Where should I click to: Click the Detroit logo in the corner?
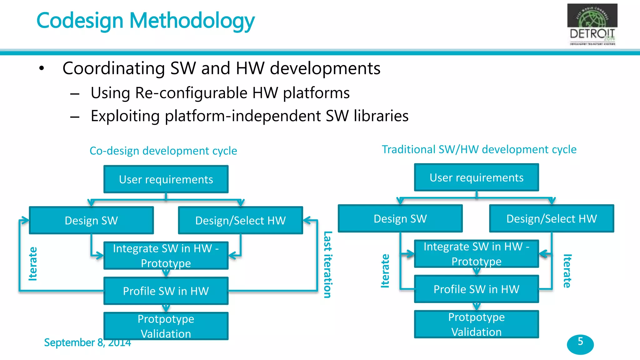coord(592,24)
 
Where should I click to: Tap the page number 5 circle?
coord(580,344)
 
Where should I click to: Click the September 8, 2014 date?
coord(87,342)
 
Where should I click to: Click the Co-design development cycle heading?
coord(163,151)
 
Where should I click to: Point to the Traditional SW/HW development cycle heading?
coord(479,149)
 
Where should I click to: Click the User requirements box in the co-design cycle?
coord(166,179)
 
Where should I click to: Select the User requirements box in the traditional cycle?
coord(476,177)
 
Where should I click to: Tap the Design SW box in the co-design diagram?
coord(91,220)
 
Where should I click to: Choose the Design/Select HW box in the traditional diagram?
coord(552,218)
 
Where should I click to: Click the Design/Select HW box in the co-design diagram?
coord(240,220)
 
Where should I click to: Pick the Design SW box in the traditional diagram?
coord(400,218)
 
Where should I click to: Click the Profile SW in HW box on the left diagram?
coord(166,291)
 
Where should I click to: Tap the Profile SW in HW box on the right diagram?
coord(476,289)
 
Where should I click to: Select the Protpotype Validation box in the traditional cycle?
coord(476,324)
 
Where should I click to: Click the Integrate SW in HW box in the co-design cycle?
coord(166,256)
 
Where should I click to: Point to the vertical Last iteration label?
coord(327,264)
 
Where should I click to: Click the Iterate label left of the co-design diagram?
coord(33,264)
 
